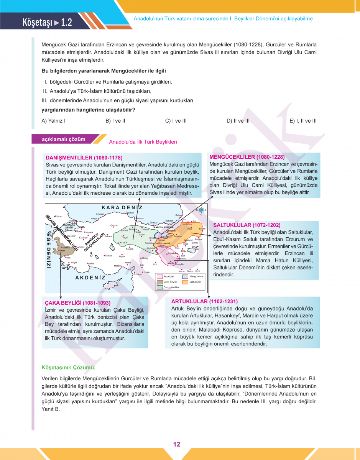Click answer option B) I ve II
point(115,121)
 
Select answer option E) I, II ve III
point(303,121)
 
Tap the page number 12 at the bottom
point(177,444)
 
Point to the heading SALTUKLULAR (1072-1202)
point(247,225)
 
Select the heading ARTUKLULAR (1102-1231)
point(204,301)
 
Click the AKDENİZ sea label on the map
point(90,277)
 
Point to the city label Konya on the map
point(108,256)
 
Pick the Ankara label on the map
point(108,236)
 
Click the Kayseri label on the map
point(130,249)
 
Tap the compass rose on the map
point(201,210)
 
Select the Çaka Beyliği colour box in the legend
point(160,282)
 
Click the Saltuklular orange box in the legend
point(185,282)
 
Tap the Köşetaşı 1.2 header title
point(47,22)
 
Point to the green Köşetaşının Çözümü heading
point(68,368)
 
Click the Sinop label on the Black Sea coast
point(131,213)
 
